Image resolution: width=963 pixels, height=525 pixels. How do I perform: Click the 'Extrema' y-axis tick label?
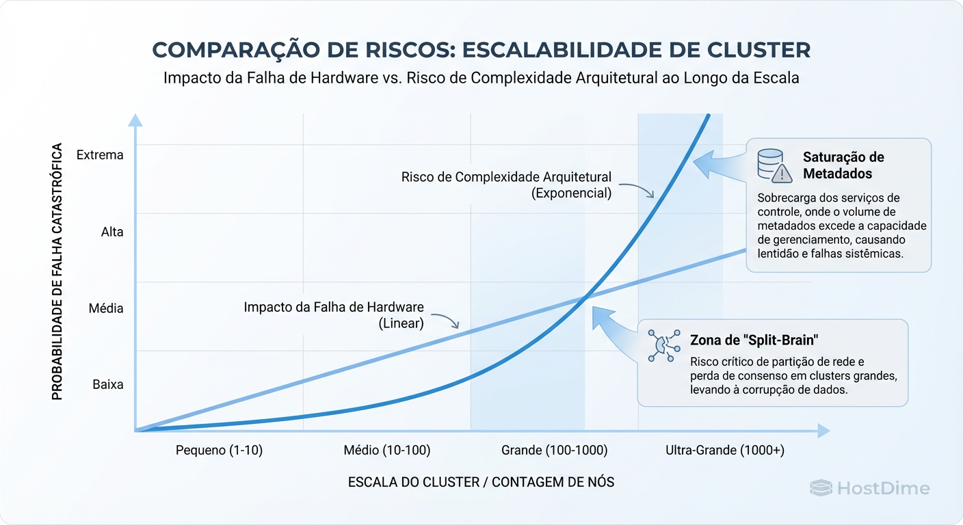click(x=100, y=155)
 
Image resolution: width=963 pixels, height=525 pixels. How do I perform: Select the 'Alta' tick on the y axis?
click(x=112, y=232)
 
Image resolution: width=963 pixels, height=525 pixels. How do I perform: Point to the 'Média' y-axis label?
click(x=106, y=308)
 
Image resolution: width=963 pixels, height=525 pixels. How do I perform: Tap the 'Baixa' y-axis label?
click(x=108, y=385)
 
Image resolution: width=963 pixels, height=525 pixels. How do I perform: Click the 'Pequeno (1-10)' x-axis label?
click(x=219, y=450)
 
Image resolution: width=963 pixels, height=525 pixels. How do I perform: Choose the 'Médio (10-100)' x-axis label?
click(x=386, y=450)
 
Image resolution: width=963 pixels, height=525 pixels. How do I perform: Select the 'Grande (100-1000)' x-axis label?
click(x=554, y=450)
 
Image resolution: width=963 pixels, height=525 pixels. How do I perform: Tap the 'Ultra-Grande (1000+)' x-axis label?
click(x=724, y=450)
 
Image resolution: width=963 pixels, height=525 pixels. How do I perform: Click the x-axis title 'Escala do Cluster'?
click(x=481, y=482)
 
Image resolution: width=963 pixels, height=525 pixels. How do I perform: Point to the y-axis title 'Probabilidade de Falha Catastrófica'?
click(x=58, y=271)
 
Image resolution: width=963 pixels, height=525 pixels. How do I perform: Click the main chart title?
click(x=481, y=50)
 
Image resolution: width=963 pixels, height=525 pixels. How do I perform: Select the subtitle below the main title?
click(x=481, y=78)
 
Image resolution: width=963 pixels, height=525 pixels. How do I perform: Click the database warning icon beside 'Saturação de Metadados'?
click(x=774, y=166)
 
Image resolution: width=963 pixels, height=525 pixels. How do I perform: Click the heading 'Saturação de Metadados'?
click(x=843, y=165)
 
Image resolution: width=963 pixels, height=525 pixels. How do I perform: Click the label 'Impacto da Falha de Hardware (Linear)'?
click(x=334, y=315)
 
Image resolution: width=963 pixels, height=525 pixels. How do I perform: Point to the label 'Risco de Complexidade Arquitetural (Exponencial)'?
click(x=506, y=185)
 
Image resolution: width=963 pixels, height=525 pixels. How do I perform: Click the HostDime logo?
click(x=869, y=488)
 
